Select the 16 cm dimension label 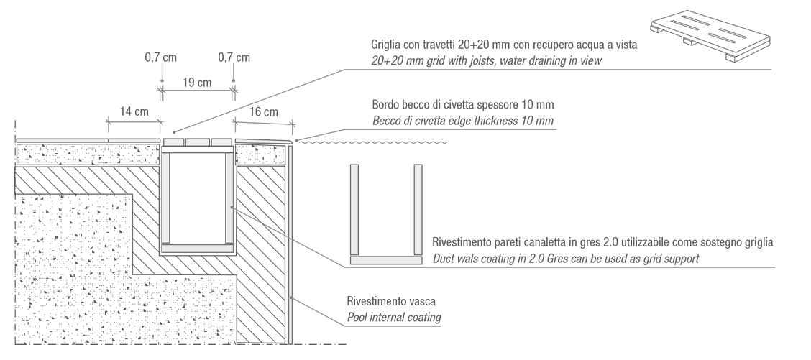[x=264, y=112]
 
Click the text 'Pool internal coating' [x=394, y=317]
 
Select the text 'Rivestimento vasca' [x=391, y=301]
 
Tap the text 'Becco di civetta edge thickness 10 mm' [x=463, y=121]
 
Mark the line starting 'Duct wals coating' [x=565, y=258]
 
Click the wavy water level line [x=374, y=142]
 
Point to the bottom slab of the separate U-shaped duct [x=386, y=260]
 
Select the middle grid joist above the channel [x=198, y=142]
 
